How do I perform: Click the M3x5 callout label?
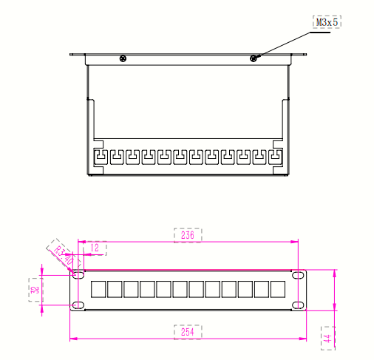click(326, 23)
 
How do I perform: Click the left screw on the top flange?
click(123, 58)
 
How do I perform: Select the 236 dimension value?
click(187, 235)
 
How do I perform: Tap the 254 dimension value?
click(187, 332)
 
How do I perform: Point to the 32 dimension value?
click(33, 289)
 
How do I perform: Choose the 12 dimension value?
click(94, 248)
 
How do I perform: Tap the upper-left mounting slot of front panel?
click(77, 275)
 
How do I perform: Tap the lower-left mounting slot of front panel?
click(77, 305)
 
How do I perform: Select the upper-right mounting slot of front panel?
click(298, 275)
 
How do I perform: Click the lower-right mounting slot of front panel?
click(298, 305)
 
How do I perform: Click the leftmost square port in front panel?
click(99, 290)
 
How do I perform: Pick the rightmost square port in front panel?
click(278, 290)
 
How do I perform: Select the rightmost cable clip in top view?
click(274, 157)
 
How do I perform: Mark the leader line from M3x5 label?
click(285, 42)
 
